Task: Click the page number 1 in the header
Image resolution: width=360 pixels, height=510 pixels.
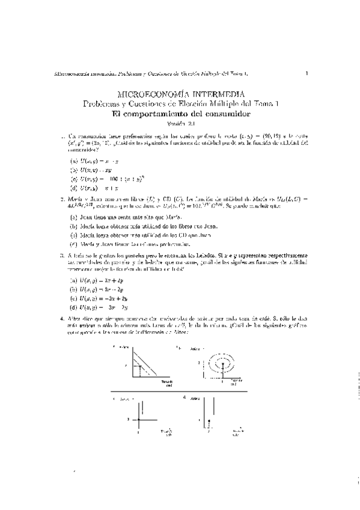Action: [x=307, y=74]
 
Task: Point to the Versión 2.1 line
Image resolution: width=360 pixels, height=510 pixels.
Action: [x=180, y=124]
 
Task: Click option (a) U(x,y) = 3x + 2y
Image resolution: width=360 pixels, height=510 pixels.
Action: [x=97, y=280]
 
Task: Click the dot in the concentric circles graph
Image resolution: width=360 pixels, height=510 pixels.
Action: [x=222, y=364]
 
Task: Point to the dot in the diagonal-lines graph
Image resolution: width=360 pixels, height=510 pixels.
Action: [x=140, y=365]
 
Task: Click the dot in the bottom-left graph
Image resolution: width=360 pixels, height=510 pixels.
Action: [x=139, y=418]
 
